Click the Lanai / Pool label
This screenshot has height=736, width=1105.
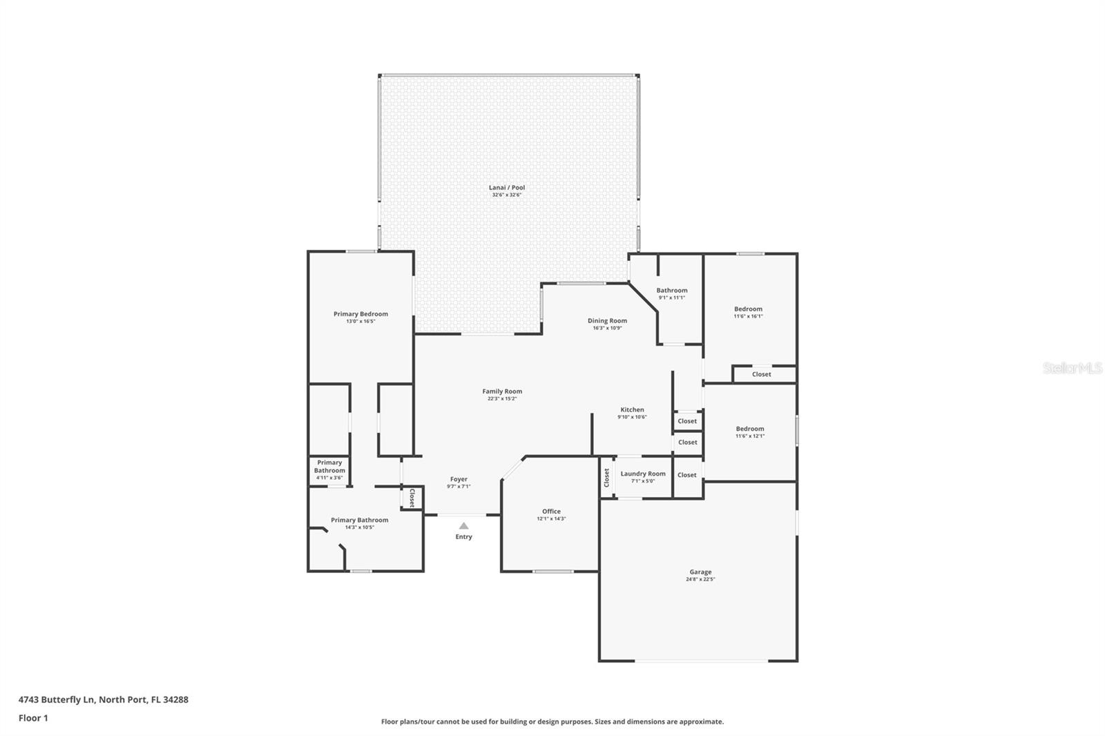(x=507, y=187)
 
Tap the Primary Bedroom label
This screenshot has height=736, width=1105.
(x=361, y=314)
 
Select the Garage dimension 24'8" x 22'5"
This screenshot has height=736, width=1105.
(x=700, y=579)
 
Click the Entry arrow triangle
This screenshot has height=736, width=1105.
(x=463, y=526)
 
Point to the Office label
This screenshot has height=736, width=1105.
(x=551, y=512)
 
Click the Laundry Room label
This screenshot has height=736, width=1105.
(x=643, y=474)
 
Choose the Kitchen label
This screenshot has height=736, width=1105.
(x=632, y=409)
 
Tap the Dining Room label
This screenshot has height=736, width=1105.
(x=607, y=320)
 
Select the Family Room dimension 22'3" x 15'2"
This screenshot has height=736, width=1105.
(x=502, y=399)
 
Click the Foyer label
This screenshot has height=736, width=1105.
(x=459, y=479)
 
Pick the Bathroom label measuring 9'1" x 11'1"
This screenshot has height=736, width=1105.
(x=672, y=291)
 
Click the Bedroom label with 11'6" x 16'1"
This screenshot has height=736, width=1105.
(x=748, y=309)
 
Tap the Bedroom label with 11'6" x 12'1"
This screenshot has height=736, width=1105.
(x=749, y=429)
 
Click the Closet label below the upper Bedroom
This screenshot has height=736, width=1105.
(x=762, y=374)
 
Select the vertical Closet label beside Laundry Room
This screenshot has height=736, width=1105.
(x=607, y=478)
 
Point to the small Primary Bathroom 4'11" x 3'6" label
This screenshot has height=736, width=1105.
(x=329, y=467)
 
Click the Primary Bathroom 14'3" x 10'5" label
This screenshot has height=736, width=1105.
(x=359, y=520)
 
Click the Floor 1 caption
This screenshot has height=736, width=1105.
(x=33, y=718)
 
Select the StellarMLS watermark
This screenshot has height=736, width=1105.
(x=1072, y=369)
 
